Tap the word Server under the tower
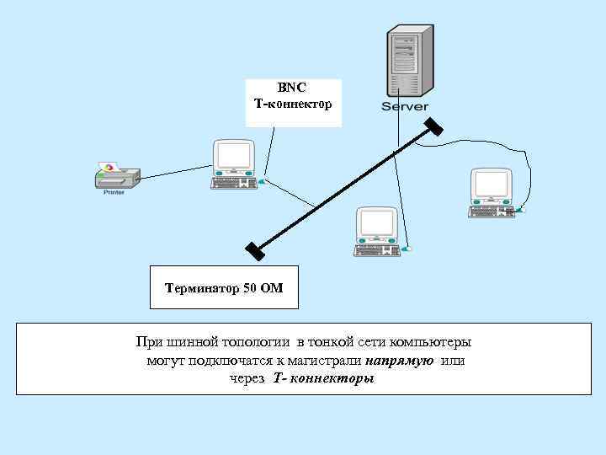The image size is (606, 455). point(405,107)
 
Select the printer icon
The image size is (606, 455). point(115,174)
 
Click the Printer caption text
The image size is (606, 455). point(114,192)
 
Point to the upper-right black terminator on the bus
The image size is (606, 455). point(433,126)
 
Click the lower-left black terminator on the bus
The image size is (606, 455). point(255,251)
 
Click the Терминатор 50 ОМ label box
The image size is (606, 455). point(224,288)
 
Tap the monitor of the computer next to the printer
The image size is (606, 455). point(234,157)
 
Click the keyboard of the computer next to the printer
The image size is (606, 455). point(234,182)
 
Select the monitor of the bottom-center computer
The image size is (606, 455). point(375,224)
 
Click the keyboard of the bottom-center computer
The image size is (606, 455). point(376,249)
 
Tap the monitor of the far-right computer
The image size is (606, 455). point(491,185)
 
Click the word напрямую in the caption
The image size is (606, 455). point(400,361)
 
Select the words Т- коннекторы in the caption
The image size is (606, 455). point(323,379)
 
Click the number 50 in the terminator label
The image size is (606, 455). point(251,288)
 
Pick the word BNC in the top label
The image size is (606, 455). point(293,87)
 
